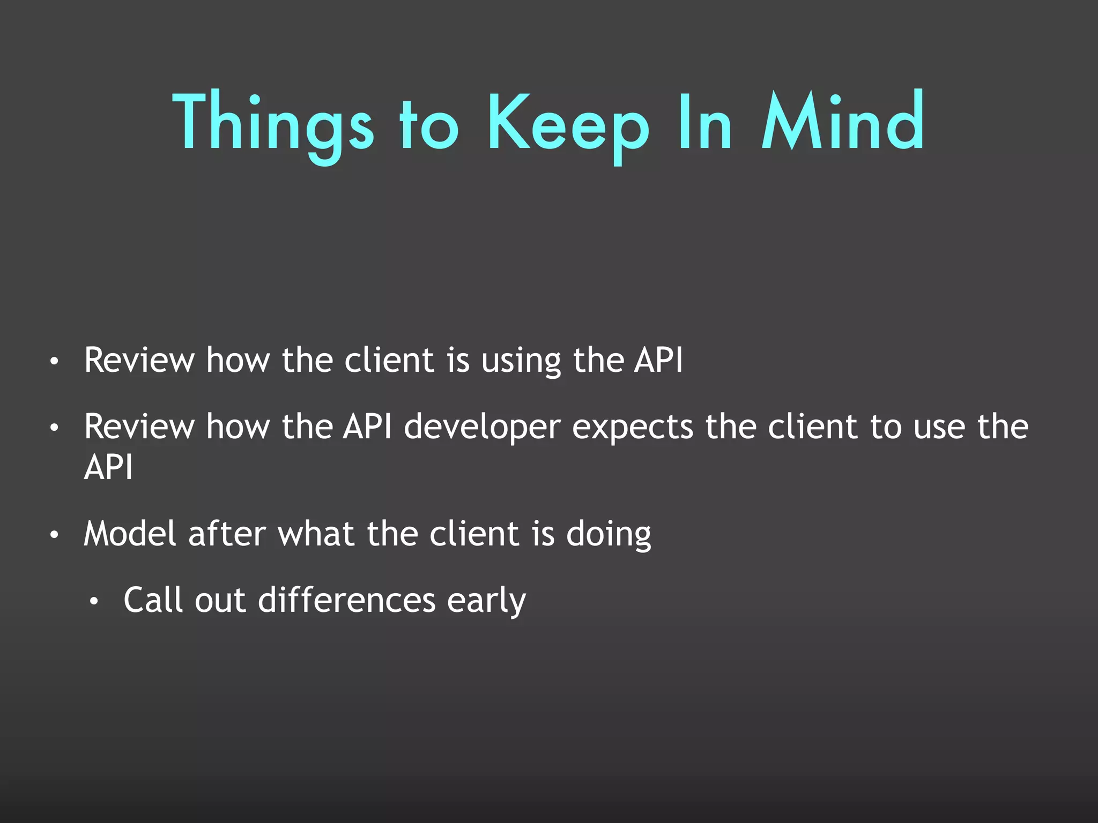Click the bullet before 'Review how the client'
point(54,362)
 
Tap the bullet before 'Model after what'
point(54,535)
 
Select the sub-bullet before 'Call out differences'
point(94,601)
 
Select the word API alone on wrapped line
point(108,467)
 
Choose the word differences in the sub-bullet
point(346,600)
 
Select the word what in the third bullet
point(316,534)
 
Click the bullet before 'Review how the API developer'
point(54,428)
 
